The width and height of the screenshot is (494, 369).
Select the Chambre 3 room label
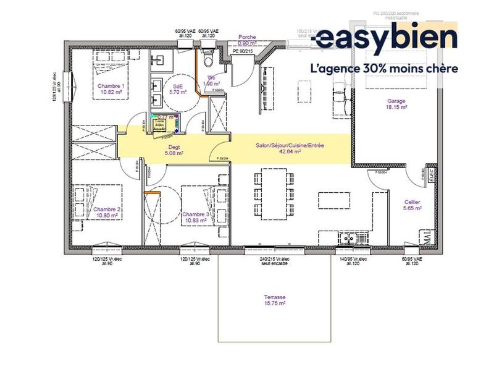pyautogui.click(x=196, y=214)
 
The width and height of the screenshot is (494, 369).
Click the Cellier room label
pyautogui.click(x=412, y=201)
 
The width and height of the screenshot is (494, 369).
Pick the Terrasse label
pyautogui.click(x=275, y=297)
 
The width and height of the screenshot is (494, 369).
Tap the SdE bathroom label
pyautogui.click(x=178, y=86)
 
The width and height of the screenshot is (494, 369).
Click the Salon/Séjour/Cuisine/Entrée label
pyautogui.click(x=290, y=145)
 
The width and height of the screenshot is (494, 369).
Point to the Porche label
pyautogui.click(x=247, y=37)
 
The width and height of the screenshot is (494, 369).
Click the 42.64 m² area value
pyautogui.click(x=290, y=151)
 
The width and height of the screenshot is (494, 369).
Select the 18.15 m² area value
pyautogui.click(x=396, y=107)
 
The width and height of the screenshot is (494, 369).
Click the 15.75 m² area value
pyautogui.click(x=275, y=303)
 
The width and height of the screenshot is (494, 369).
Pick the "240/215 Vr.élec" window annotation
pyautogui.click(x=274, y=259)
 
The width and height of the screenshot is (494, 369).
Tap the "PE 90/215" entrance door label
pyautogui.click(x=243, y=51)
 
